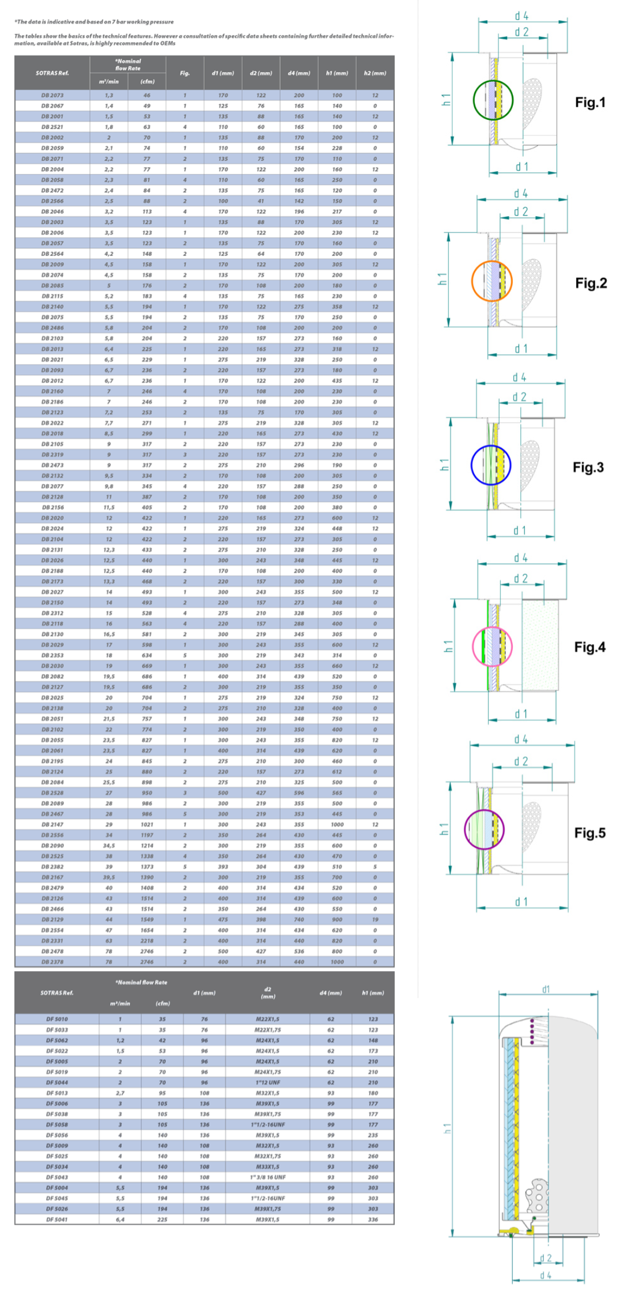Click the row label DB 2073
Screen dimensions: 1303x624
[52, 95]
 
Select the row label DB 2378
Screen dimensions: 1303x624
[52, 961]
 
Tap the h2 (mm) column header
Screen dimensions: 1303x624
[375, 73]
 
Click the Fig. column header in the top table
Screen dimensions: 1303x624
[184, 73]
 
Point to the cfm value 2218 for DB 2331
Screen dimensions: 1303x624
[147, 941]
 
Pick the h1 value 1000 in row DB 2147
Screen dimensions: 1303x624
[337, 824]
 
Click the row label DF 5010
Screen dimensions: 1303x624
[57, 1019]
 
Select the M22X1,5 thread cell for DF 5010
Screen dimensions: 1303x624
[268, 1019]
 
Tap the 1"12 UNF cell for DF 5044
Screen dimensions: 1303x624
[268, 1082]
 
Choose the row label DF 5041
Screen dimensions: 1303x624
[57, 1219]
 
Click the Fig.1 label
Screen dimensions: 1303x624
[590, 103]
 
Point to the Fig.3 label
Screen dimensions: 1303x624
[588, 467]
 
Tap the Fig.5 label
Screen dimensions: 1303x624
[590, 833]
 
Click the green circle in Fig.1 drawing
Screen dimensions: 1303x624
[493, 100]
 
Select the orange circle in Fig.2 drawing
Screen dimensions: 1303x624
[491, 281]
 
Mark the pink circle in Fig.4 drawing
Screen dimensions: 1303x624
[492, 647]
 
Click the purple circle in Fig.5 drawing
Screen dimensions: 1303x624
[484, 829]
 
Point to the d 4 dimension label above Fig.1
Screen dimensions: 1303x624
[521, 16]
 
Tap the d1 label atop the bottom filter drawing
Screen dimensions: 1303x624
[546, 989]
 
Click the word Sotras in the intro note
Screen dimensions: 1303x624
[78, 43]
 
